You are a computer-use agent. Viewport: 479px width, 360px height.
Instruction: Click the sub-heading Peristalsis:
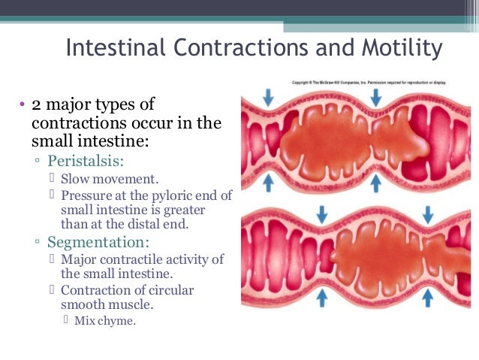tap(86, 162)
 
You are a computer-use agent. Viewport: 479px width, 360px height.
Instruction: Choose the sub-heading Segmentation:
tap(98, 243)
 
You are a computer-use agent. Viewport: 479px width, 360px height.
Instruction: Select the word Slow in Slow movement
tap(75, 179)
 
